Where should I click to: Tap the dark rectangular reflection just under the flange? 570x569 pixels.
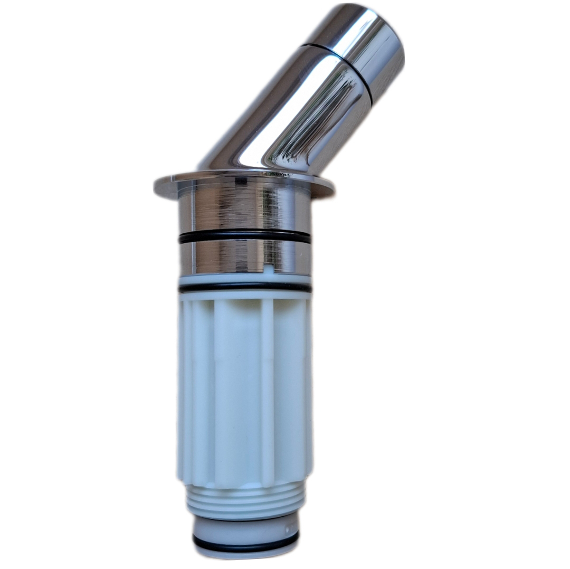pos(241,182)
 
